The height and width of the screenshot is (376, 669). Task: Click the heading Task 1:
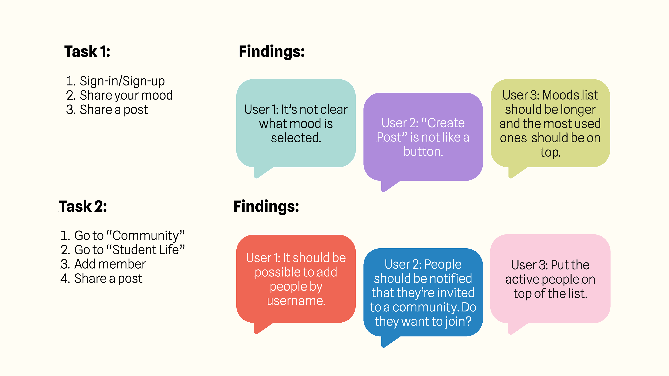[x=87, y=51]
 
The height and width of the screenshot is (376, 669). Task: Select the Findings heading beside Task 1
[x=271, y=51]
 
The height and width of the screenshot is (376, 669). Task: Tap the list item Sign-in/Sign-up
[x=115, y=81]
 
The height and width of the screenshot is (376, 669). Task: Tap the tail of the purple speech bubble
[x=388, y=186]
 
